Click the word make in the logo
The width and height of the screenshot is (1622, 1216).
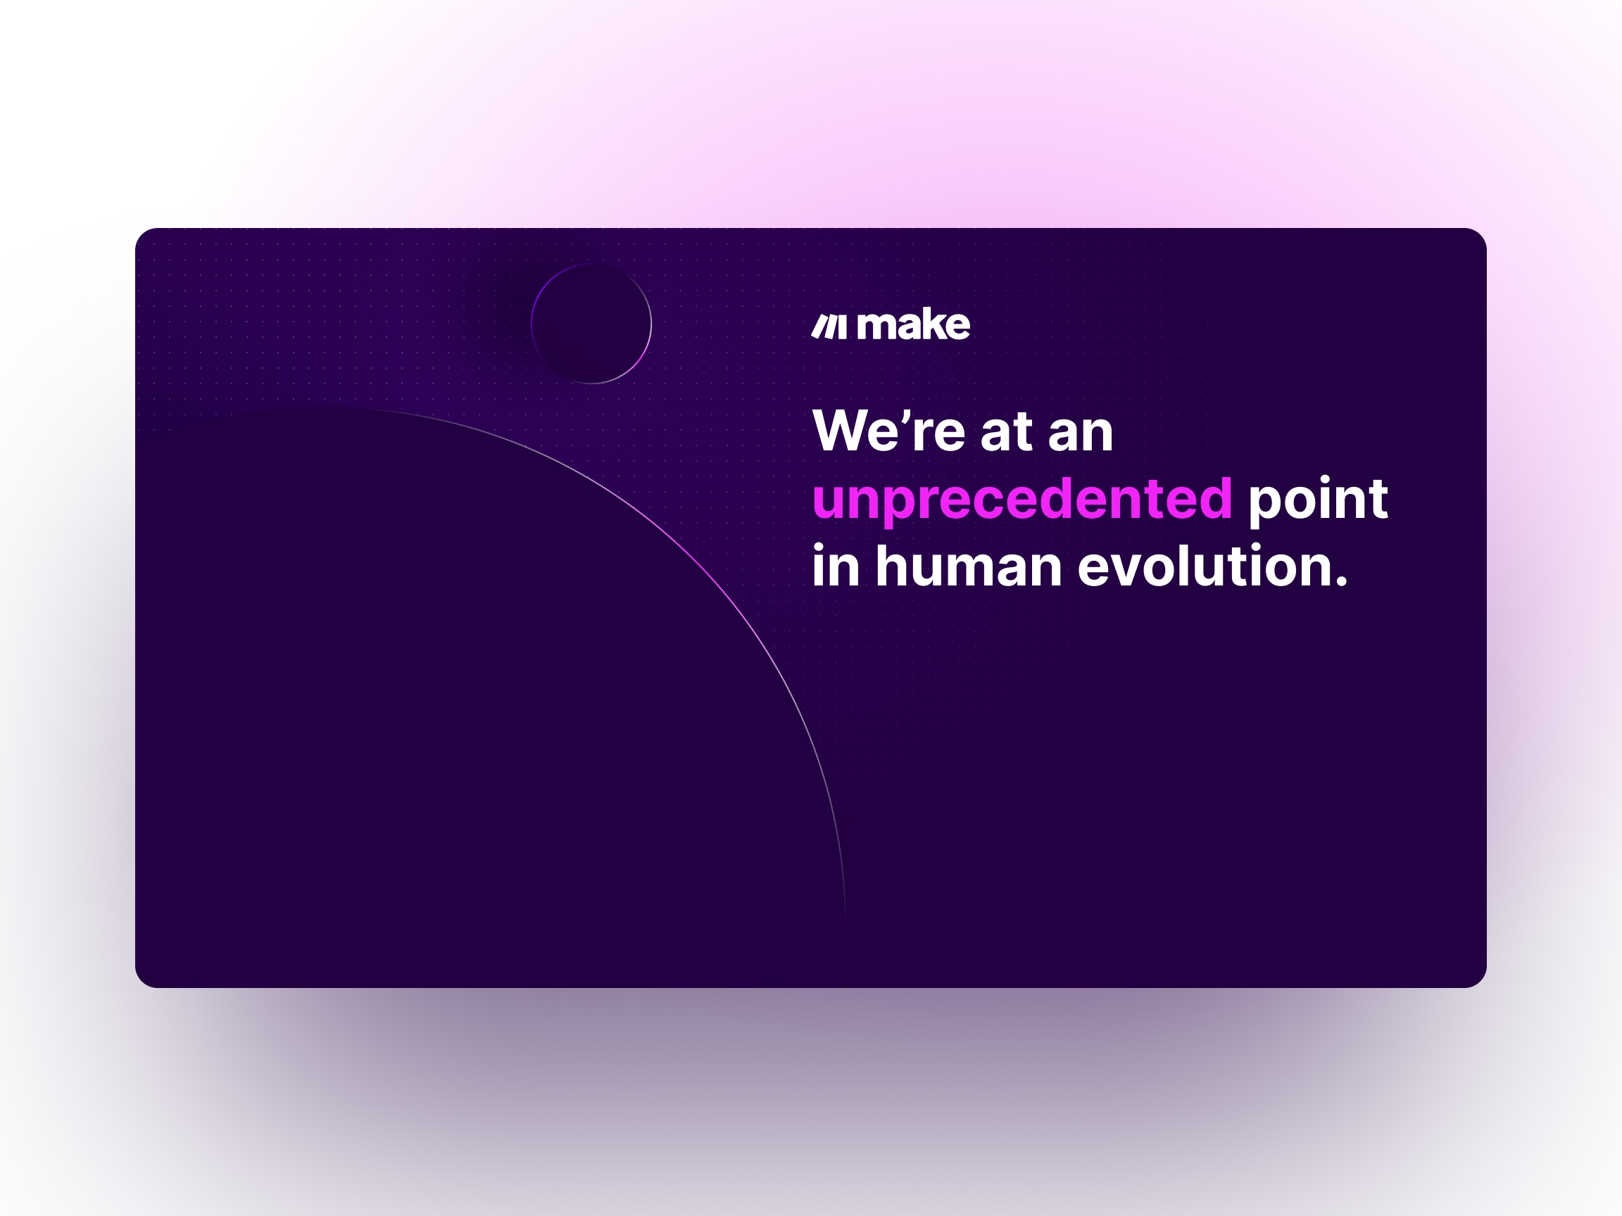pyautogui.click(x=914, y=325)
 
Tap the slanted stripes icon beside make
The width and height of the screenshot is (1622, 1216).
pyautogui.click(x=829, y=327)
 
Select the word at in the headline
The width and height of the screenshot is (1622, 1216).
pyautogui.click(x=1006, y=433)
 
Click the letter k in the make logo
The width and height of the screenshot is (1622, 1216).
pyautogui.click(x=933, y=325)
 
